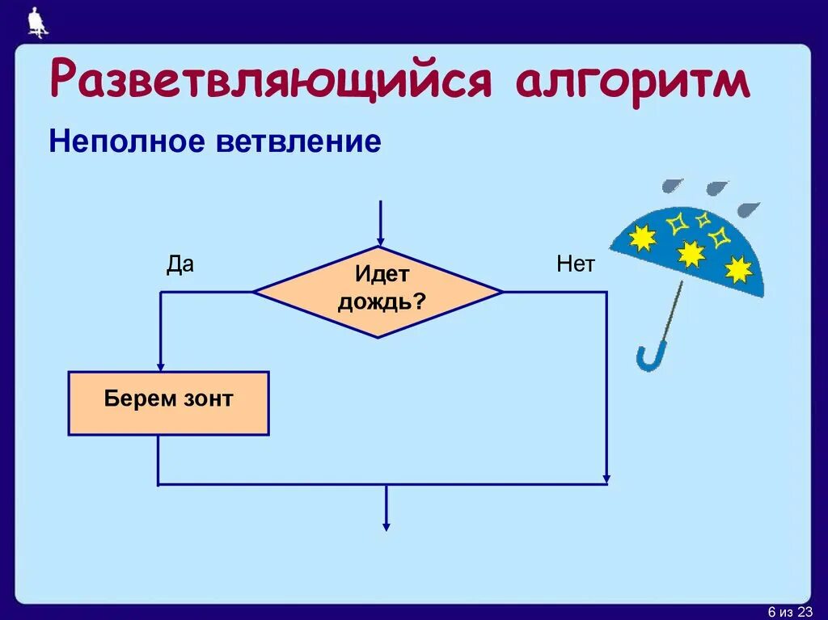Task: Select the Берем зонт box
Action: click(x=168, y=403)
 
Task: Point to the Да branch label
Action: click(x=180, y=265)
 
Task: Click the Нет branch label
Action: click(x=575, y=265)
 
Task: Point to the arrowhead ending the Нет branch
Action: click(x=606, y=479)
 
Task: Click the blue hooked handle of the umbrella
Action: click(x=651, y=356)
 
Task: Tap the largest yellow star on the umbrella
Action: click(x=691, y=254)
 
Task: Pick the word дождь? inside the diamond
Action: click(x=382, y=302)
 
